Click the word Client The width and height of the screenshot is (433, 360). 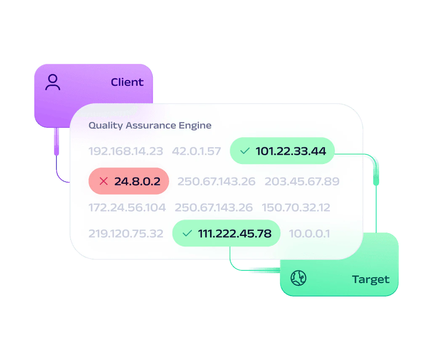click(x=127, y=82)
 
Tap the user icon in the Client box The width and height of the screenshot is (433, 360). click(x=53, y=82)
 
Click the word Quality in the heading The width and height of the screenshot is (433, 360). click(x=106, y=126)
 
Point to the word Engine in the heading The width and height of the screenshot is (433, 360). click(x=195, y=125)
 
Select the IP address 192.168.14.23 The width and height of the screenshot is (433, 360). click(x=126, y=151)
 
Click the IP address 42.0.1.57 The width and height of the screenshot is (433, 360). click(x=197, y=151)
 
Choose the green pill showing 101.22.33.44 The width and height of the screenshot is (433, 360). click(x=282, y=151)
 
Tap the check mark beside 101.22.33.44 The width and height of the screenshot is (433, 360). click(x=244, y=151)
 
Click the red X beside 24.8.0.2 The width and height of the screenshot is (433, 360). click(x=104, y=181)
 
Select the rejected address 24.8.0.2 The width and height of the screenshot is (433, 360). click(x=137, y=181)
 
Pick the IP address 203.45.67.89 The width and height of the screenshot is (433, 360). click(x=302, y=181)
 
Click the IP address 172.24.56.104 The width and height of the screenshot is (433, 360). click(x=127, y=208)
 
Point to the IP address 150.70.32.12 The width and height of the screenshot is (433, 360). click(x=296, y=208)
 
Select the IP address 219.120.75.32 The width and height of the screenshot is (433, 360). click(x=126, y=234)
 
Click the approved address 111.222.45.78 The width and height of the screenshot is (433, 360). click(x=235, y=234)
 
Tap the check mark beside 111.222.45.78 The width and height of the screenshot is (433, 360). click(x=187, y=233)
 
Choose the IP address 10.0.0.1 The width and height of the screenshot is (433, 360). click(x=309, y=234)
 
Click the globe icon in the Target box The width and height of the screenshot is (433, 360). click(x=298, y=278)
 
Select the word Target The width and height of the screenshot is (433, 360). click(x=371, y=280)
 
